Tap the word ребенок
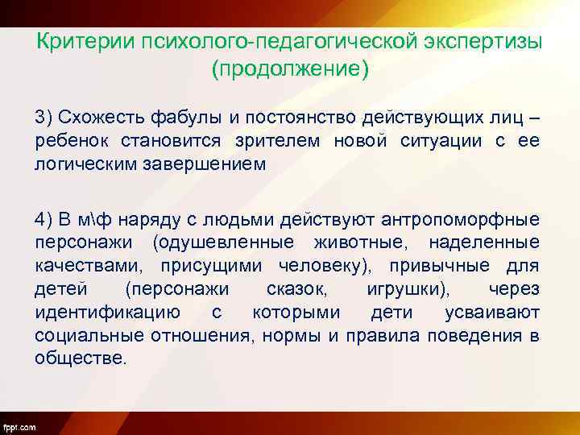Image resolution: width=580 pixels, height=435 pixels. [68, 142]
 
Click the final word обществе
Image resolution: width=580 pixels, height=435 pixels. [81, 358]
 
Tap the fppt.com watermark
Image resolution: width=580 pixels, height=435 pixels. [19, 425]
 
